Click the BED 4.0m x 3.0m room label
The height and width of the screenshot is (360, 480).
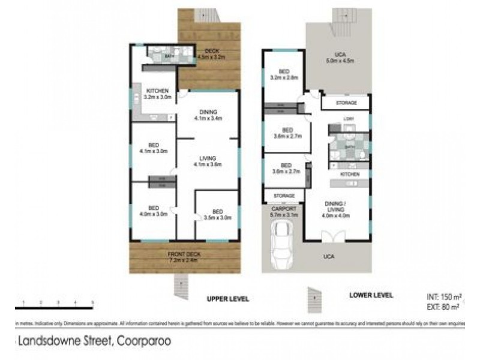[153, 211]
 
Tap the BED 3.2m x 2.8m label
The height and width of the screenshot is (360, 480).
[285, 75]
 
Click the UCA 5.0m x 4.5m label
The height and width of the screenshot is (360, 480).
[340, 58]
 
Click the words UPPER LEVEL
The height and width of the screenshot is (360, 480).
[227, 298]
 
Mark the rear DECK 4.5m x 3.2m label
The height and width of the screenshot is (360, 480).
[211, 55]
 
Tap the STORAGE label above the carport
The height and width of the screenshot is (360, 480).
[284, 196]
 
